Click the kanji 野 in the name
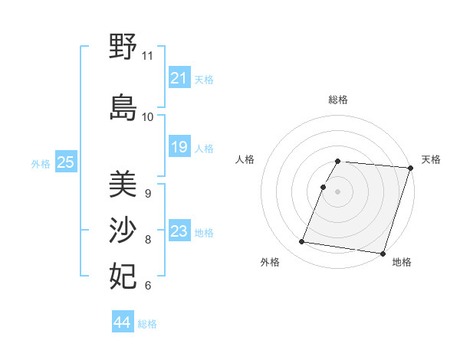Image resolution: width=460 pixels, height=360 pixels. (123, 47)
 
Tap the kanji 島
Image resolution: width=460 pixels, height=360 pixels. (123, 108)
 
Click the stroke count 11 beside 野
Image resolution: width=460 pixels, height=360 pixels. (147, 56)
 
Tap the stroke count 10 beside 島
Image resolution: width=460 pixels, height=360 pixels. (147, 116)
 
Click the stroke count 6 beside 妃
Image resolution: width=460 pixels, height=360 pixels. (147, 286)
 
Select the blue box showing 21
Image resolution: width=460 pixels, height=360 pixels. (179, 78)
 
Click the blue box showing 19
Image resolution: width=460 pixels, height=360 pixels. (179, 147)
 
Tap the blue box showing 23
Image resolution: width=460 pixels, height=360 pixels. (179, 231)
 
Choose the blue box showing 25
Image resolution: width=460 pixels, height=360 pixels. (65, 162)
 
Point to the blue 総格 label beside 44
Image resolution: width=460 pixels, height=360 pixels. (147, 324)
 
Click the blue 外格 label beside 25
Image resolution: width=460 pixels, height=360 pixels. (41, 164)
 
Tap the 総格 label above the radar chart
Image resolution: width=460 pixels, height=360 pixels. (338, 100)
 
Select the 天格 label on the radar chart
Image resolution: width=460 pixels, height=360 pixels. (431, 159)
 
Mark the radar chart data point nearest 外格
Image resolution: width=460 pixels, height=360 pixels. (302, 242)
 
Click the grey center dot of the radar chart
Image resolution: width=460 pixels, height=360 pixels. (337, 191)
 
